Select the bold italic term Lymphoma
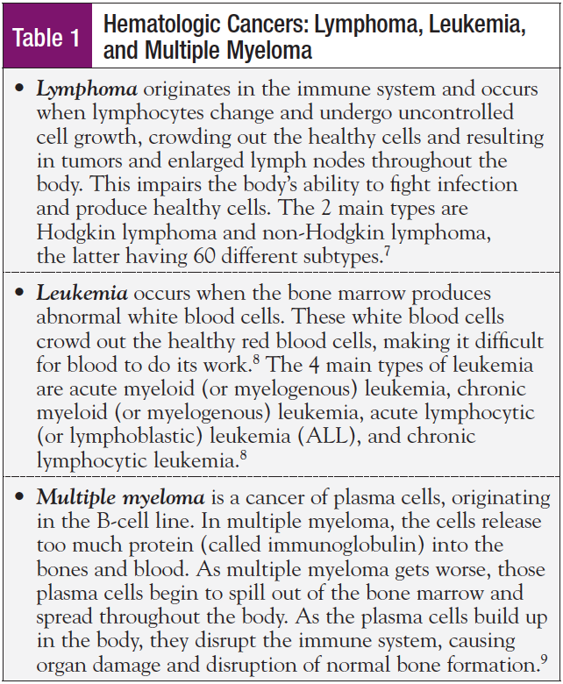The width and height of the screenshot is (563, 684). point(86,89)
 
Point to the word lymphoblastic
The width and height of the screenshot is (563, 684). point(125,435)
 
